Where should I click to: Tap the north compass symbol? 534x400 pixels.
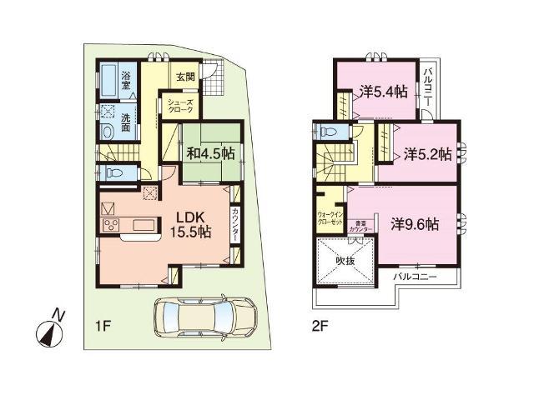pos(49,328)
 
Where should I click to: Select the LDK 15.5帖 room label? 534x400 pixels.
pos(190,222)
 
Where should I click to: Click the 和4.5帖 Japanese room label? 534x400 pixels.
pos(209,152)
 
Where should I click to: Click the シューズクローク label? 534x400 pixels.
pos(184,105)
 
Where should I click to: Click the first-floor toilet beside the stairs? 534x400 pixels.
pos(112,172)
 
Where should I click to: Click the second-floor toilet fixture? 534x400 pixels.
pos(326,132)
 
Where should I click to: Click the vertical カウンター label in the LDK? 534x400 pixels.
pos(236,224)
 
